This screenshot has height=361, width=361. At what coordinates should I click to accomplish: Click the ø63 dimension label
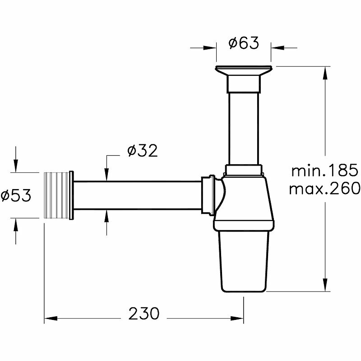click(x=244, y=43)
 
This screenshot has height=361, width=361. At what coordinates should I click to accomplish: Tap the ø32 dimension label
click(x=143, y=151)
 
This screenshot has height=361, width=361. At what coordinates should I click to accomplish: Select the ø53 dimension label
click(x=16, y=195)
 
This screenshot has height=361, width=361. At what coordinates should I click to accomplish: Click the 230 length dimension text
click(x=144, y=313)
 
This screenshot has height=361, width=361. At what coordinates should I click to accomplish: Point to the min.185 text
click(x=325, y=170)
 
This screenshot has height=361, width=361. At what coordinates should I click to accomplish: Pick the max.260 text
click(x=324, y=188)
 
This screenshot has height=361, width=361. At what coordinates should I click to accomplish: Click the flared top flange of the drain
click(x=244, y=70)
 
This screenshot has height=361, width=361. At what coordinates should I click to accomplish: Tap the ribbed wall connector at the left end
click(x=57, y=195)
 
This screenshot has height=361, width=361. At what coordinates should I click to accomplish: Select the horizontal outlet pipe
click(x=138, y=195)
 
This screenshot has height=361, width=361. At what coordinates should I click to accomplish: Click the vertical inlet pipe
click(x=244, y=129)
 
